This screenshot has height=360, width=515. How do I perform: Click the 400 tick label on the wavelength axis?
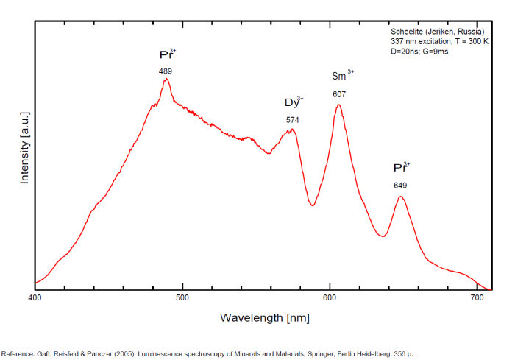(x=35, y=298)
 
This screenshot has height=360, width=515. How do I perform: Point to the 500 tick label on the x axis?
(x=182, y=298)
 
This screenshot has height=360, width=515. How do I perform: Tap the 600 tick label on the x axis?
(x=330, y=298)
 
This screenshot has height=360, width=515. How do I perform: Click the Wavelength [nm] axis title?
(x=264, y=317)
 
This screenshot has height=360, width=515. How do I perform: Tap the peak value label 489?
(x=166, y=71)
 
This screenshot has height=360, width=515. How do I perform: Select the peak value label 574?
(x=293, y=119)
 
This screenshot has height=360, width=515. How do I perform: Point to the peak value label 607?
(x=339, y=93)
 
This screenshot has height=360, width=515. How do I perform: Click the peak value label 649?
(x=400, y=186)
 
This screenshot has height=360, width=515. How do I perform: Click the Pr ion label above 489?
(x=167, y=54)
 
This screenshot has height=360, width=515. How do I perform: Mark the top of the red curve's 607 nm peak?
(x=338, y=105)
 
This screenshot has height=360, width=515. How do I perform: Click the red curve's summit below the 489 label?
(x=166, y=79)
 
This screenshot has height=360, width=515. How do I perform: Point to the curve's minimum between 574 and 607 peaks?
(x=313, y=205)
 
